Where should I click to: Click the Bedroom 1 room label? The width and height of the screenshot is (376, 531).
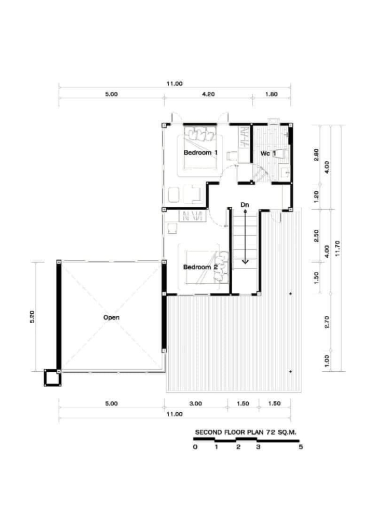click(200, 153)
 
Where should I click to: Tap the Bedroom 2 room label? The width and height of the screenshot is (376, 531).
click(200, 267)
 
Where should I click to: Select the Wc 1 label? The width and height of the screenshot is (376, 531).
click(268, 153)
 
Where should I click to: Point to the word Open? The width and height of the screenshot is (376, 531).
click(111, 317)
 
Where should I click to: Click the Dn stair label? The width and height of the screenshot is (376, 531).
click(245, 205)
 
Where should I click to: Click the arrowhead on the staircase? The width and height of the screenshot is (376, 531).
click(245, 261)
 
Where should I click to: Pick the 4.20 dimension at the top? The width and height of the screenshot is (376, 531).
click(208, 94)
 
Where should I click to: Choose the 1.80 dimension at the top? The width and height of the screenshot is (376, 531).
click(271, 94)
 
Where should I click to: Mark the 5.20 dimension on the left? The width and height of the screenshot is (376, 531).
click(32, 317)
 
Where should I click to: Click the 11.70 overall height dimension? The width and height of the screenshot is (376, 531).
click(337, 248)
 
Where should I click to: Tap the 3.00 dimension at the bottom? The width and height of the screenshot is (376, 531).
click(196, 403)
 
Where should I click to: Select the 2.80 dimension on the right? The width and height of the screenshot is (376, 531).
click(316, 155)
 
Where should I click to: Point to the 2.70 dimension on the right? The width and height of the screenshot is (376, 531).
click(327, 322)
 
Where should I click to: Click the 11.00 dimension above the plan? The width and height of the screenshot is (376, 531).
click(174, 83)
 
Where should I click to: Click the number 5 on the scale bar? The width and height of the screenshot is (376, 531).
click(300, 447)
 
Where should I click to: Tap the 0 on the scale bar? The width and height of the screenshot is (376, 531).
click(195, 447)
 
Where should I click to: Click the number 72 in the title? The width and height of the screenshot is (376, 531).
click(267, 432)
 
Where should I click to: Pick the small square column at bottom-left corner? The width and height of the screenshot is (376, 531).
click(52, 378)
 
